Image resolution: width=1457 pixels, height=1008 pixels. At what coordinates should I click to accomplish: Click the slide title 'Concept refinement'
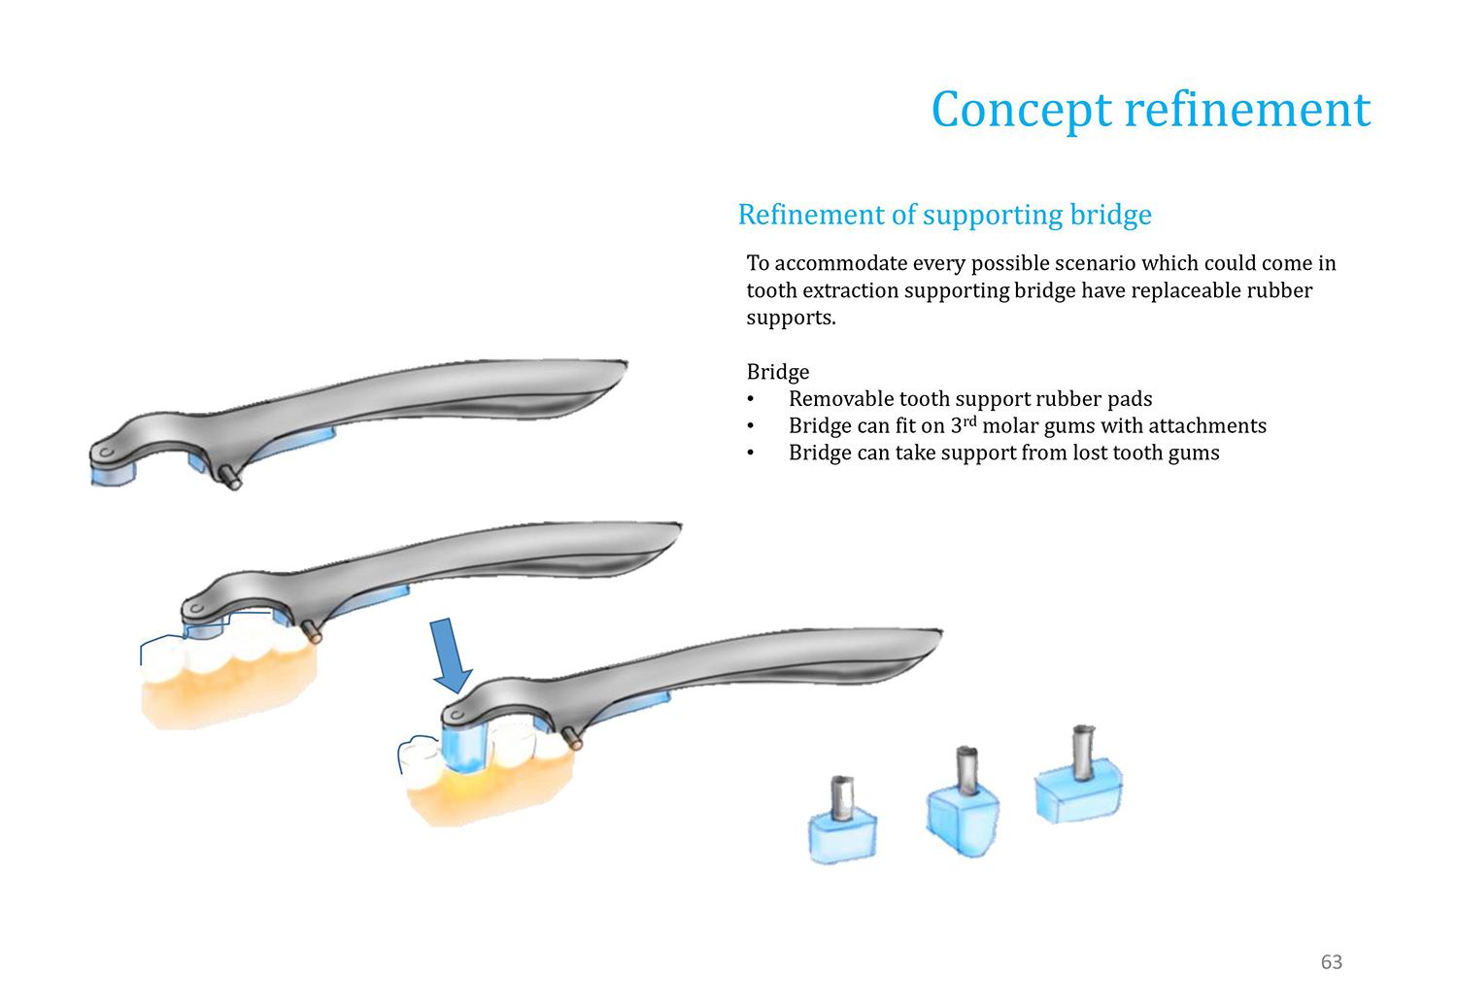pos(1151,110)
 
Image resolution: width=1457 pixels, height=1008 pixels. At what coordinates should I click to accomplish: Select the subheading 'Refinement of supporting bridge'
pos(944,216)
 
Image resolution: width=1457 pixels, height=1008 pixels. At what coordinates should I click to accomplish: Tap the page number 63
pos(1332,961)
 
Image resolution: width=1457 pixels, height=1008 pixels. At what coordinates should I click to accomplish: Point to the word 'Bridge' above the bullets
pos(778,371)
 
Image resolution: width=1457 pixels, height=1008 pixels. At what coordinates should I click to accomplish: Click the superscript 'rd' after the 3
pos(969,420)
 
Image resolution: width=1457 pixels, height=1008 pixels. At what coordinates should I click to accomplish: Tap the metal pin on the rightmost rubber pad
pos(1083,753)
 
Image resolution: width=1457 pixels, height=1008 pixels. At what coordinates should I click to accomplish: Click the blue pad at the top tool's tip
pos(114,474)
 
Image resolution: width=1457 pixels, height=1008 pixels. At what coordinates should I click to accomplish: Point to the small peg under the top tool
pos(229,478)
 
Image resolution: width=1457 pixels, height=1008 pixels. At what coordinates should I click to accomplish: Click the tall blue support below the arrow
pos(464,748)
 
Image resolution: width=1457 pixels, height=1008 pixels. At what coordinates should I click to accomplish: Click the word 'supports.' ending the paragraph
pos(791,318)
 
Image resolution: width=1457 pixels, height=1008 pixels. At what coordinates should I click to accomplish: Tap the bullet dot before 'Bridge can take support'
pos(751,454)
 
